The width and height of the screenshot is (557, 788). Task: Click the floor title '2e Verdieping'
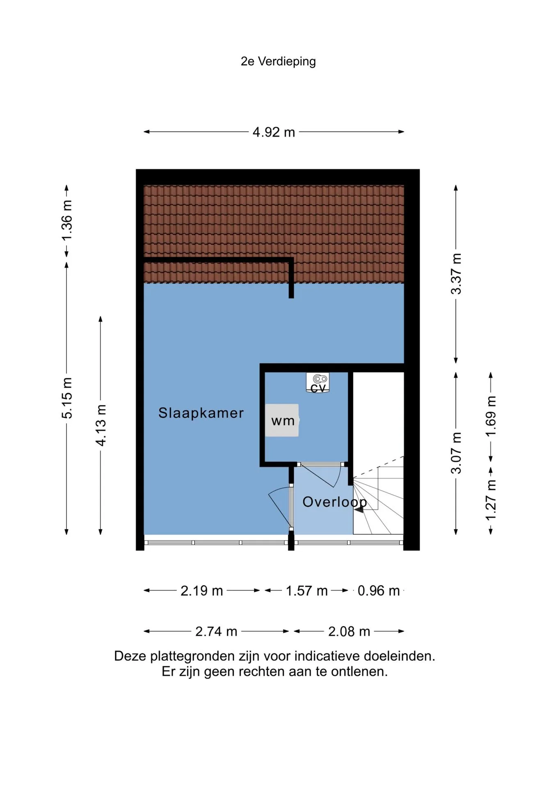[278, 62]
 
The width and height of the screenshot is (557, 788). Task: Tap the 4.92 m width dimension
[274, 132]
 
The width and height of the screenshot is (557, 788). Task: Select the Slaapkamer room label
[201, 413]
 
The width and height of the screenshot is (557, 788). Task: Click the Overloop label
[335, 502]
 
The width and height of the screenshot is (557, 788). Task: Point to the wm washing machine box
[282, 420]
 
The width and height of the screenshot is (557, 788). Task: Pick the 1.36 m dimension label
[67, 220]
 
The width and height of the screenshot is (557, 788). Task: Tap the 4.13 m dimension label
[101, 425]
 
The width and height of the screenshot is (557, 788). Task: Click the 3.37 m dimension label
[456, 274]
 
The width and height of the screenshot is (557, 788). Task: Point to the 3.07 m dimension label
[456, 453]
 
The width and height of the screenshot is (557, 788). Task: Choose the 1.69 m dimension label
[491, 417]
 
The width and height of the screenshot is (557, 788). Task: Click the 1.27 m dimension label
[491, 499]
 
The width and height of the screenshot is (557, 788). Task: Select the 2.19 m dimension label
[202, 591]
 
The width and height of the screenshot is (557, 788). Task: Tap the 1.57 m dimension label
[307, 591]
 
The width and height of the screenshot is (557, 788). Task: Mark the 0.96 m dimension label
[379, 591]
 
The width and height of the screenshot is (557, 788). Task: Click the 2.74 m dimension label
[216, 632]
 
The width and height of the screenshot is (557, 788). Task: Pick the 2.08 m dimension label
[349, 632]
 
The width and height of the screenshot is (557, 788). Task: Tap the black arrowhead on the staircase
[359, 509]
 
